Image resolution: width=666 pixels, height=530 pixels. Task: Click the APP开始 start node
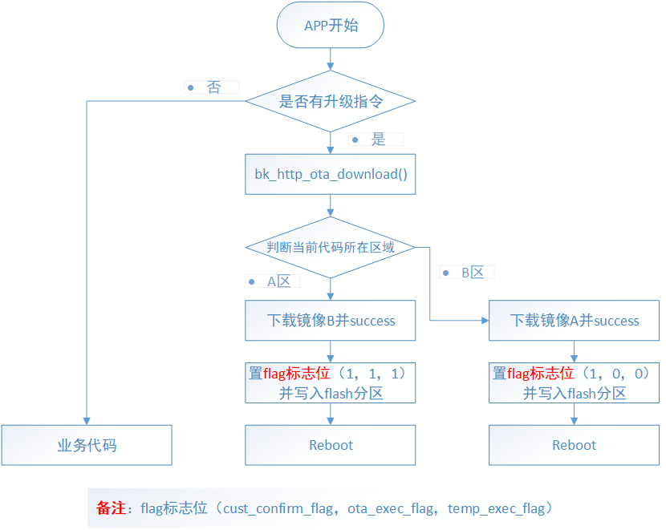coord(331,26)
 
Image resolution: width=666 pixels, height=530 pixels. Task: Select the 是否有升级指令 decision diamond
coord(331,102)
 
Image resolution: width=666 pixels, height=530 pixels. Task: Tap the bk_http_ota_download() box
coord(331,174)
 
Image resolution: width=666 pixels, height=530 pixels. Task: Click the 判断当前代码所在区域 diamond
coord(331,247)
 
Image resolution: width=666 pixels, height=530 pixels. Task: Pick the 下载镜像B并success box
coord(331,321)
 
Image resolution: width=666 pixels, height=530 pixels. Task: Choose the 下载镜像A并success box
coord(575,321)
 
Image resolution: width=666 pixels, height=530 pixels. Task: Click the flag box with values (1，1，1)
coord(331,382)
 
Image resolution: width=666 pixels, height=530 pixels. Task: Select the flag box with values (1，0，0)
coord(575,382)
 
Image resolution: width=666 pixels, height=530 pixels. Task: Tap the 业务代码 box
coord(87,445)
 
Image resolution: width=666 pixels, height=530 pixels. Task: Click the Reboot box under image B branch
coord(331,445)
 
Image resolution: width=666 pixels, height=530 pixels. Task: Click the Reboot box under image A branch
coord(575,445)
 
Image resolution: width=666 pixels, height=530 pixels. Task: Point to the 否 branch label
coord(213,87)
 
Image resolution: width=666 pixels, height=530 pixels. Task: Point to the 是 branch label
coord(378,140)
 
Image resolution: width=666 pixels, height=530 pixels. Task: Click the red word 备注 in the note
coord(110,508)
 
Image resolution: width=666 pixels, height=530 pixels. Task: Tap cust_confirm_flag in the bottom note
coord(278,508)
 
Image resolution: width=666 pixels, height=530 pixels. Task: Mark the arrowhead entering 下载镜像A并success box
coord(485,321)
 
